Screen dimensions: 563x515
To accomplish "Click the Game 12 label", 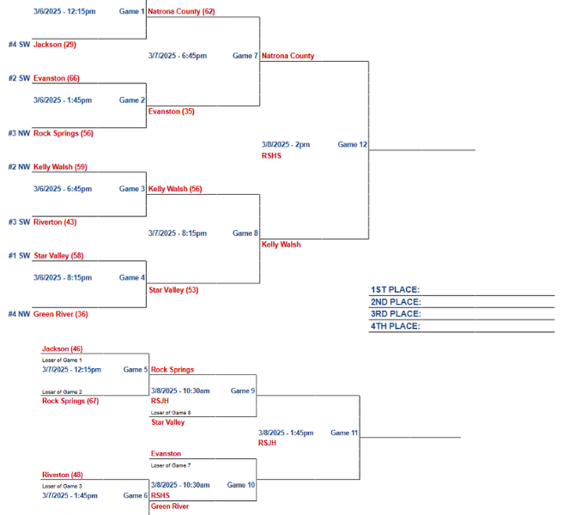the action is point(352,144).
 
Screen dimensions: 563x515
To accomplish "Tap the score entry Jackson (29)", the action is point(55,45).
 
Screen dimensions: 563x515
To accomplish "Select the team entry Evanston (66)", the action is point(57,78).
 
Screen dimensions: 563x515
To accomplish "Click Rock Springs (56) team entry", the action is point(64,133).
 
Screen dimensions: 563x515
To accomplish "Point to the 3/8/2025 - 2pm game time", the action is point(286,144).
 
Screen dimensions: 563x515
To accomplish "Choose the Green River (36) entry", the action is point(60,314).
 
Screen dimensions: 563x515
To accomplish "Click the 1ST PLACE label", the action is point(395,289).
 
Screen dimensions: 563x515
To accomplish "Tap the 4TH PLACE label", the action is point(396,325).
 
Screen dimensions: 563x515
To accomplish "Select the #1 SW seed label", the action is point(20,255).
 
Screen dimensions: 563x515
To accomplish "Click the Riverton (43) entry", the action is point(55,222).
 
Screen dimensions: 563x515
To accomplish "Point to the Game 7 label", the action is point(245,56).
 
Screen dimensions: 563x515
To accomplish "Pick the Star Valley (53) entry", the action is point(173,290).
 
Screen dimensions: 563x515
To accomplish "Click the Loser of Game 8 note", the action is point(171,413).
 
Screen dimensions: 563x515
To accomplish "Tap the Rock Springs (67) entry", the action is point(70,401).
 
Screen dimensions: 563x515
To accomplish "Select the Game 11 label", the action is point(344,433).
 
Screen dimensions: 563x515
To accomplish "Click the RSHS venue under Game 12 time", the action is point(271,155).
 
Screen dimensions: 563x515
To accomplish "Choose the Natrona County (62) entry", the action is point(181,11).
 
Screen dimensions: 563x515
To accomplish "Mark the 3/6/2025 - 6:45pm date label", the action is point(63,189).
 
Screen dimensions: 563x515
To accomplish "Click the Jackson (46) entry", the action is point(63,348).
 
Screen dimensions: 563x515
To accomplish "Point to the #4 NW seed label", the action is point(20,314).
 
